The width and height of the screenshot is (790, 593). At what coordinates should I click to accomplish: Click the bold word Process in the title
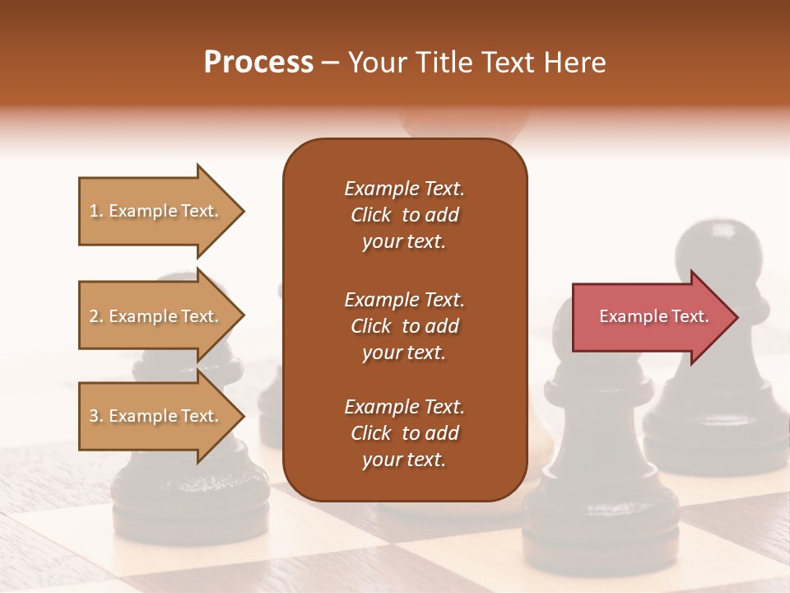(258, 63)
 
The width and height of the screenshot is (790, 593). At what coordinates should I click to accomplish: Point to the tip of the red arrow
(737, 317)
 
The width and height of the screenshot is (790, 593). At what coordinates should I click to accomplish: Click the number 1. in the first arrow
(96, 211)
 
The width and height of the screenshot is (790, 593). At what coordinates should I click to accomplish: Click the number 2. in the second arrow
(96, 316)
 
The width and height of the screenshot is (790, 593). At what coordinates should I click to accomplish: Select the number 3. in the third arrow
(96, 416)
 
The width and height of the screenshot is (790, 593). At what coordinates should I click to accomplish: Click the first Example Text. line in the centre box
(404, 189)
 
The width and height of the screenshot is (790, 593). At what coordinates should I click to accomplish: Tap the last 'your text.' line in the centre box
(404, 460)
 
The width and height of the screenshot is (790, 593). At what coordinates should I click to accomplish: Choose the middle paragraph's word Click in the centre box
(371, 326)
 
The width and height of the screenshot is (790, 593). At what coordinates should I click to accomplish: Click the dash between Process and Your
(330, 63)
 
